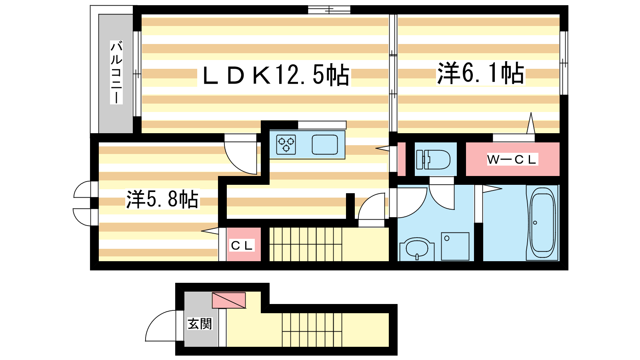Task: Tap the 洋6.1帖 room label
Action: (x=481, y=73)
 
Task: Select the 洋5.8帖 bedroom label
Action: (x=162, y=199)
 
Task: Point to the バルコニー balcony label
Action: (x=116, y=72)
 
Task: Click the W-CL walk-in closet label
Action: (x=512, y=160)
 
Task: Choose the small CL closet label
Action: (x=242, y=246)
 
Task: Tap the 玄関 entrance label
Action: (x=200, y=324)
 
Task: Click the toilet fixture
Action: (x=433, y=160)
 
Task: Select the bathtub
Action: (x=542, y=223)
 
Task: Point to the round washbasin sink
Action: (x=417, y=248)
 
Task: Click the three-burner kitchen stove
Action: (x=286, y=144)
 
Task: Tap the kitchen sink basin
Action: (x=324, y=144)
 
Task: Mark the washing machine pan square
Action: (x=455, y=246)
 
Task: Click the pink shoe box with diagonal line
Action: (x=229, y=300)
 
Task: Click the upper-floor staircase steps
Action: (x=306, y=244)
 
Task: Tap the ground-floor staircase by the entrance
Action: (x=312, y=330)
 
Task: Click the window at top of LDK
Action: (x=329, y=10)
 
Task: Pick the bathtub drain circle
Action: (x=535, y=222)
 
